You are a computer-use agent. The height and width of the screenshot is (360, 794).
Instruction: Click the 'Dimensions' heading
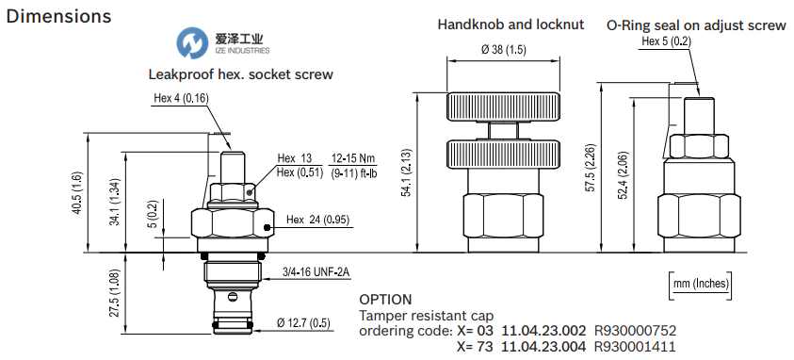(x=58, y=17)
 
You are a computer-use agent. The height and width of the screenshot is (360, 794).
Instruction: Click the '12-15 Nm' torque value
(x=351, y=157)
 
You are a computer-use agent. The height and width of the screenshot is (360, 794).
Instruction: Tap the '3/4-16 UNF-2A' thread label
(x=316, y=273)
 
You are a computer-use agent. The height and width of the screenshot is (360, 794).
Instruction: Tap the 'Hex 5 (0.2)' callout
(x=666, y=41)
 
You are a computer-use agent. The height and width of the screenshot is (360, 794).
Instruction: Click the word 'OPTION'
(x=386, y=300)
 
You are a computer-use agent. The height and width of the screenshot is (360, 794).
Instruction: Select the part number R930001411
(x=634, y=346)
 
